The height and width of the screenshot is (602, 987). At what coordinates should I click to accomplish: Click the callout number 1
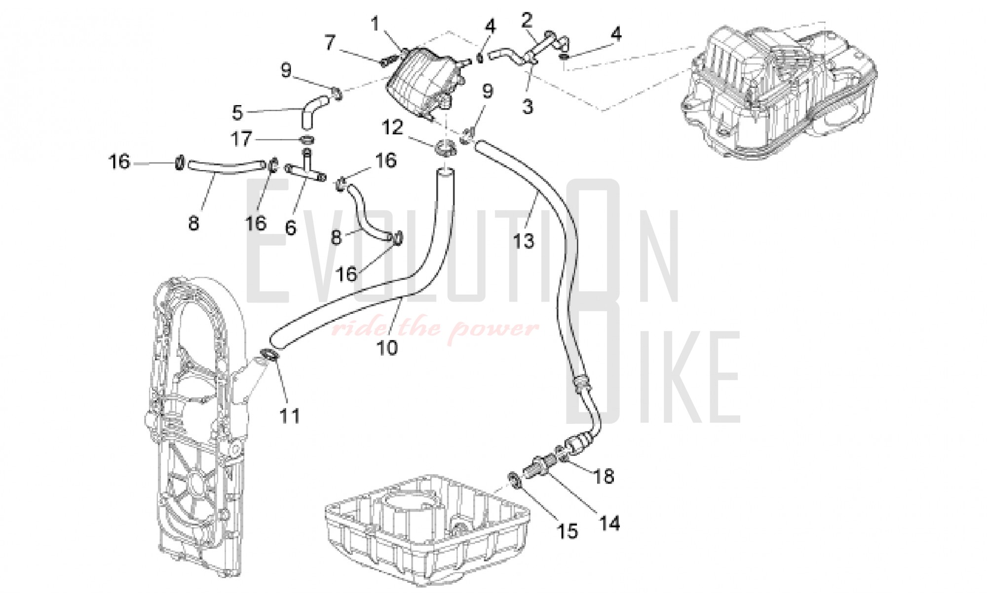(376, 24)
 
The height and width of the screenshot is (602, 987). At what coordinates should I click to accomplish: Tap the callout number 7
(330, 43)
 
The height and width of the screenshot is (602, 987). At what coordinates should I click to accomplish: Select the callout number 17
(242, 139)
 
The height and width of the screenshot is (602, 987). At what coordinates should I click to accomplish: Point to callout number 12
(393, 128)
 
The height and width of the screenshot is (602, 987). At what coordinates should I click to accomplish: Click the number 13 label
(524, 241)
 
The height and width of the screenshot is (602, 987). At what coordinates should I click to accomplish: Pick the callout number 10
(387, 348)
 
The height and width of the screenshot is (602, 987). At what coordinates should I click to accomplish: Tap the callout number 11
(290, 416)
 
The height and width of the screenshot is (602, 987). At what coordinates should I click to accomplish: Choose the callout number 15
(567, 531)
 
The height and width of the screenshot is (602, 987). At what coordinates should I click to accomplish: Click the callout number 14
(609, 523)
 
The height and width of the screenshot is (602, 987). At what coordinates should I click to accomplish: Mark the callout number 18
(604, 476)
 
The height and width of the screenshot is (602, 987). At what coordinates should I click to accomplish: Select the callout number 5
(237, 113)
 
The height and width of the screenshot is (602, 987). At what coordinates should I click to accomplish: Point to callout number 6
(291, 227)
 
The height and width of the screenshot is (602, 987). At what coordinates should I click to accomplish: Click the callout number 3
(528, 106)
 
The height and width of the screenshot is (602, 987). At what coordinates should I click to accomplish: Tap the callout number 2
(527, 20)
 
